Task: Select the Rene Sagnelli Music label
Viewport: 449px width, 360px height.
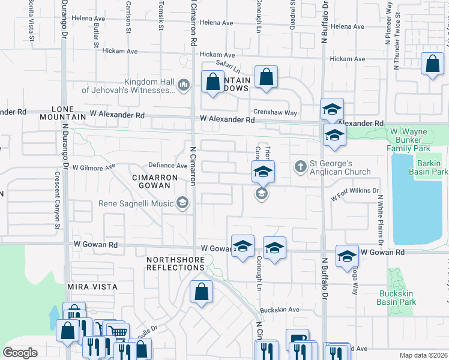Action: point(137,203)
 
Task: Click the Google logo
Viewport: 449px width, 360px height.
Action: point(20,353)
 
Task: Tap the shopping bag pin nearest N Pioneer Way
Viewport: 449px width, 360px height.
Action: point(432,64)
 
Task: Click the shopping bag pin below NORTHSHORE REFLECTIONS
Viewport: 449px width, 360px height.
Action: point(202,292)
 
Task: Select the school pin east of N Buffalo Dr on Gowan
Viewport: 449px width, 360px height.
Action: point(347,256)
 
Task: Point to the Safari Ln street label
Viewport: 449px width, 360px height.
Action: point(228,70)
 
